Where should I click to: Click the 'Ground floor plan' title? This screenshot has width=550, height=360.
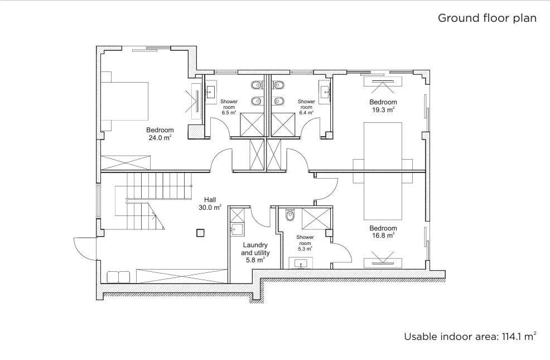pyautogui.click(x=487, y=18)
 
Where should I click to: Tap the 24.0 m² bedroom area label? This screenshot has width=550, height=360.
pyautogui.click(x=160, y=134)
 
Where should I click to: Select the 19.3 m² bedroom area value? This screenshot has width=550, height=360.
pyautogui.click(x=383, y=110)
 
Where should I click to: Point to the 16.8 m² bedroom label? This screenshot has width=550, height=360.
pyautogui.click(x=383, y=232)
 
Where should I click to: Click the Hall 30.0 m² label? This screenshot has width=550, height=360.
pyautogui.click(x=210, y=204)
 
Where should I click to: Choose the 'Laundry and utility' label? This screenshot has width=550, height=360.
pyautogui.click(x=255, y=249)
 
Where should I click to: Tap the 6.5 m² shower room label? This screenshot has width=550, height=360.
pyautogui.click(x=229, y=107)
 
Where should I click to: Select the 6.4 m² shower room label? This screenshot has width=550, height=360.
pyautogui.click(x=306, y=107)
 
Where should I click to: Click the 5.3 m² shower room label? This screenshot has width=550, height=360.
pyautogui.click(x=305, y=243)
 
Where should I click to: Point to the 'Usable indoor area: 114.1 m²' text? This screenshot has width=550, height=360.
pyautogui.click(x=470, y=337)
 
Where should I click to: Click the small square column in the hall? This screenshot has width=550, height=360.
pyautogui.click(x=200, y=233)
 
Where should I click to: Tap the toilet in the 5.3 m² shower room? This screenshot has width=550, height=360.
pyautogui.click(x=290, y=215)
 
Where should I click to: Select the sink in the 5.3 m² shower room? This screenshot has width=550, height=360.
pyautogui.click(x=301, y=263)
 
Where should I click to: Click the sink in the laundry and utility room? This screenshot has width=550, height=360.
pyautogui.click(x=237, y=229)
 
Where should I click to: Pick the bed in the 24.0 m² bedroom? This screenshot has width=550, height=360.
pyautogui.click(x=124, y=102)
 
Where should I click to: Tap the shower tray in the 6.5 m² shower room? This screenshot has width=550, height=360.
pyautogui.click(x=252, y=124)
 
